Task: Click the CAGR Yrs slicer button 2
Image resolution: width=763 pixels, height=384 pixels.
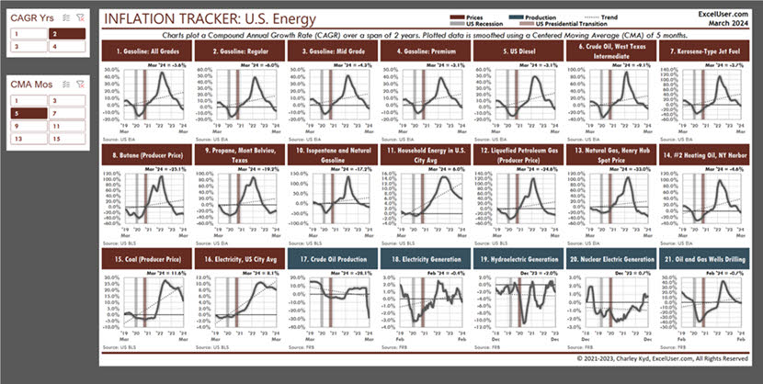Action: pos(66,33)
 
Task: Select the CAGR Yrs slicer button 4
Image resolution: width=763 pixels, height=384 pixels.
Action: pos(66,45)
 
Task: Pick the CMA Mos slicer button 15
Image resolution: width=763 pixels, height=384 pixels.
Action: pos(66,138)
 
